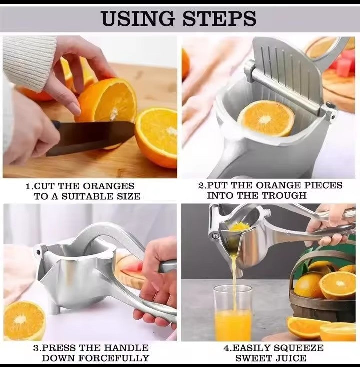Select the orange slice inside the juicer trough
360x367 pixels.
pyautogui.click(x=265, y=118)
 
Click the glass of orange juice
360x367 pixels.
pyautogui.click(x=232, y=313)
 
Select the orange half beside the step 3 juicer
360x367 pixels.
pyautogui.click(x=24, y=320)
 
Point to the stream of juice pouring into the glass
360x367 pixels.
pyautogui.click(x=233, y=272)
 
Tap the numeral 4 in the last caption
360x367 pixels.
pyautogui.click(x=226, y=348)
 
